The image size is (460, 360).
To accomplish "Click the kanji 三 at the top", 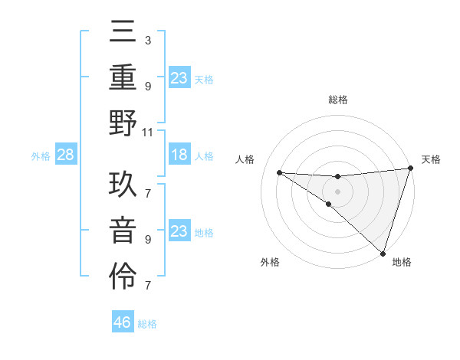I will click(123, 34).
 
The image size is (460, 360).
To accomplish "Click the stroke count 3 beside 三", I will click(147, 39).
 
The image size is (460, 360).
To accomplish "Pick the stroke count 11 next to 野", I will click(148, 132).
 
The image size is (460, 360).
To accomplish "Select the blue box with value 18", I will click(179, 155).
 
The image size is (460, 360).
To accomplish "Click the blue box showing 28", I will click(66, 155).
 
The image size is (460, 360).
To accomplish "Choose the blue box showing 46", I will click(123, 322).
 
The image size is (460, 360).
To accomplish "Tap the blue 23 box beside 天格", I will click(179, 77).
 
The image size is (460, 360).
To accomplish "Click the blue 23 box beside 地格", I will click(179, 231).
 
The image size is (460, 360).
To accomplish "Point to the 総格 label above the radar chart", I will click(338, 100).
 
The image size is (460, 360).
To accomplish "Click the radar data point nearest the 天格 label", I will click(410, 169).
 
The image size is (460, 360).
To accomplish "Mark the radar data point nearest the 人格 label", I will click(279, 172).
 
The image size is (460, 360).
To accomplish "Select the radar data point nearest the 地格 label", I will click(383, 253).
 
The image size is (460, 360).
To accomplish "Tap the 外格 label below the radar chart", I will click(270, 262).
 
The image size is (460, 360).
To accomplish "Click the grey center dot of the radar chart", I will click(337, 190).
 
